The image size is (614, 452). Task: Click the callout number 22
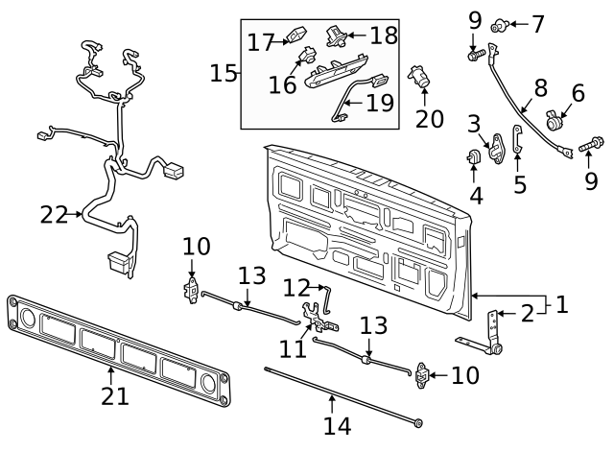[55, 214]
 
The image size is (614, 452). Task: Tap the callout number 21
[115, 396]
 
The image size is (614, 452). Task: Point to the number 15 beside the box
[224, 73]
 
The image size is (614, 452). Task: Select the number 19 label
[380, 102]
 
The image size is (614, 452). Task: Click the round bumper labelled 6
[555, 123]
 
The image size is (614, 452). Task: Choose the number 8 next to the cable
[540, 88]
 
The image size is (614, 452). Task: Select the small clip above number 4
[474, 155]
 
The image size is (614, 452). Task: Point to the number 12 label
[296, 287]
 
